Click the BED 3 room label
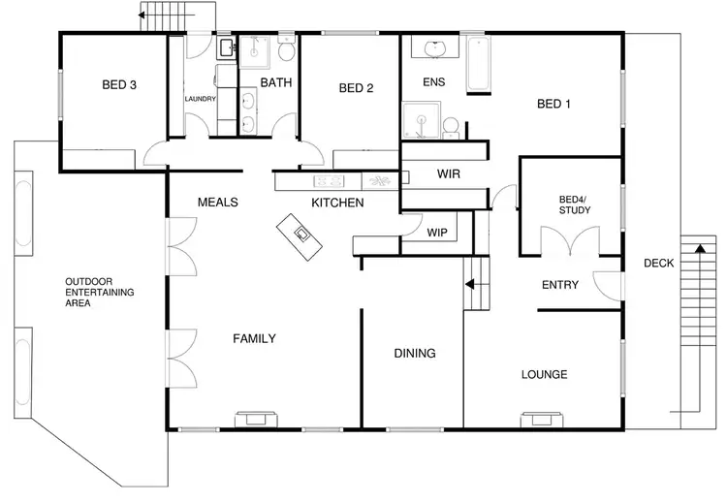[119, 85]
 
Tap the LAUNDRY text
[201, 99]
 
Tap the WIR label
[448, 174]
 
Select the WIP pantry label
[437, 232]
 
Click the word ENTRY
[560, 285]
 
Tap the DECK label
[659, 264]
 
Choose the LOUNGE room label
[544, 374]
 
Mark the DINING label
[414, 353]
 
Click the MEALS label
[218, 203]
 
